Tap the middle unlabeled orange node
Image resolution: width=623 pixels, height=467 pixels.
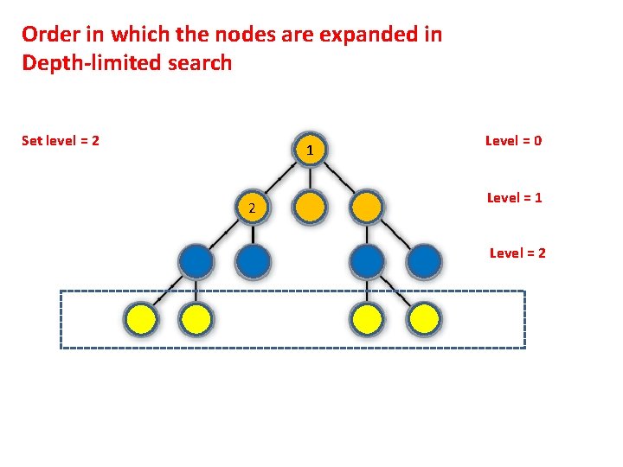click(x=309, y=208)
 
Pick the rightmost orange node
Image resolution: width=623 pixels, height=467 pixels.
click(x=366, y=208)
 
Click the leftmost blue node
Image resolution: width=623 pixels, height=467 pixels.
click(x=196, y=261)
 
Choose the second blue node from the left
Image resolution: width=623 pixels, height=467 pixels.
click(x=253, y=261)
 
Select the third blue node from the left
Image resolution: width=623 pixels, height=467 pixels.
click(x=367, y=261)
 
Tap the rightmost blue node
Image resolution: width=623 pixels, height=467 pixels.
click(x=424, y=261)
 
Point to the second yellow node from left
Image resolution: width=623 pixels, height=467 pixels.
click(x=196, y=320)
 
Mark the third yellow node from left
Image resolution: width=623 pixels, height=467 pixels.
click(x=367, y=320)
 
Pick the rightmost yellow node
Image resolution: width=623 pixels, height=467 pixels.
click(x=424, y=320)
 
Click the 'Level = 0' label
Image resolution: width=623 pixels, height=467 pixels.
click(x=513, y=140)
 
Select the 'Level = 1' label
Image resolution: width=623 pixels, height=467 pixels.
click(x=514, y=197)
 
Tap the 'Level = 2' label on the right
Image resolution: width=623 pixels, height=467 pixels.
click(x=517, y=253)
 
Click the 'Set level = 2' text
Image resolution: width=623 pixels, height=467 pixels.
click(x=60, y=140)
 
